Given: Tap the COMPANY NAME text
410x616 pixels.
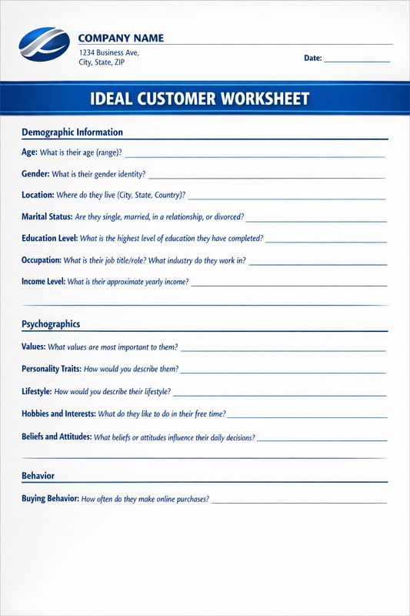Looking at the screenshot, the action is click(121, 38).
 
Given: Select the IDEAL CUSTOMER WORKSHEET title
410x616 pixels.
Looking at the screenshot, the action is click(200, 99).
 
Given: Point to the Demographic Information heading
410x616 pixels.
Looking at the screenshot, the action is click(72, 132).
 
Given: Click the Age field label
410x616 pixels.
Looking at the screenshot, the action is click(29, 152).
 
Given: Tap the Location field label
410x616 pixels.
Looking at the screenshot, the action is click(38, 196).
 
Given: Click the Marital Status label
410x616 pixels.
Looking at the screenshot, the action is click(47, 217).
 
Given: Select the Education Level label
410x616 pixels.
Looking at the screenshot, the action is click(49, 239).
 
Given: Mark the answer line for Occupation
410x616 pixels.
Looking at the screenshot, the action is click(318, 263).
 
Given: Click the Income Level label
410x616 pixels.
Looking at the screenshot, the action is click(43, 282).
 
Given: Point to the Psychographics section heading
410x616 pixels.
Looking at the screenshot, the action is click(51, 324).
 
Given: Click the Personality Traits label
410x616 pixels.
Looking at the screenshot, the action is click(52, 369).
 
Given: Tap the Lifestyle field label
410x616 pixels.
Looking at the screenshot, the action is click(36, 392).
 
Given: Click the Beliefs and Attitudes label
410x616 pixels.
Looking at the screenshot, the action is click(57, 437).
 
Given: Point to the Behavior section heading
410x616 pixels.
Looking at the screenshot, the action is click(38, 476).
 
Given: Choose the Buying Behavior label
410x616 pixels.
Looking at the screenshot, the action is click(50, 499).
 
